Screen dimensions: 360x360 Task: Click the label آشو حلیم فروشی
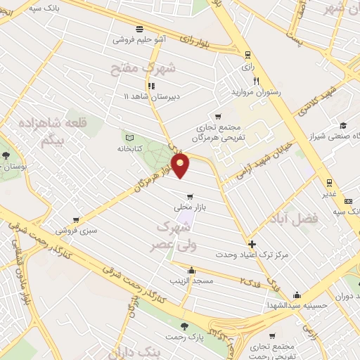[x=141, y=40]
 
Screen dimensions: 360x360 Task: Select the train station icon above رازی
[x=247, y=55]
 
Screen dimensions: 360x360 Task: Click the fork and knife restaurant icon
[x=257, y=80]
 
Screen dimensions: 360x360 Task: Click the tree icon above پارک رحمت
[x=184, y=326]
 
